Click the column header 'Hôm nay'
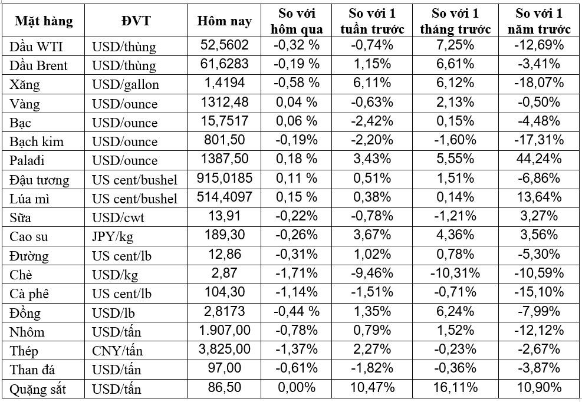tap(224, 21)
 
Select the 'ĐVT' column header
tap(136, 21)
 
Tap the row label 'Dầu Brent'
tap(38, 65)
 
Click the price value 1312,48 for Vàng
tap(225, 102)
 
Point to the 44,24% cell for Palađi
tap(539, 159)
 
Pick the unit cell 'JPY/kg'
tap(113, 237)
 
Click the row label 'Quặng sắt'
tap(38, 389)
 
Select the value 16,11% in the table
tap(455, 387)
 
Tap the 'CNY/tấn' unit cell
tap(117, 350)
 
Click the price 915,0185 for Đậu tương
tap(225, 178)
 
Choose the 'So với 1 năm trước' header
tap(539, 21)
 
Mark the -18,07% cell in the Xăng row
tap(539, 83)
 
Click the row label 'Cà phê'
tap(29, 294)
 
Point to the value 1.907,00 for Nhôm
tap(225, 330)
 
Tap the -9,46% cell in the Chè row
tap(372, 273)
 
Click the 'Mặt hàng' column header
tap(44, 21)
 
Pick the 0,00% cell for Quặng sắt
tap(297, 387)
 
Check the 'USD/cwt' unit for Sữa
tap(118, 218)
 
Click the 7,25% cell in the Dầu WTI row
tap(455, 45)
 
